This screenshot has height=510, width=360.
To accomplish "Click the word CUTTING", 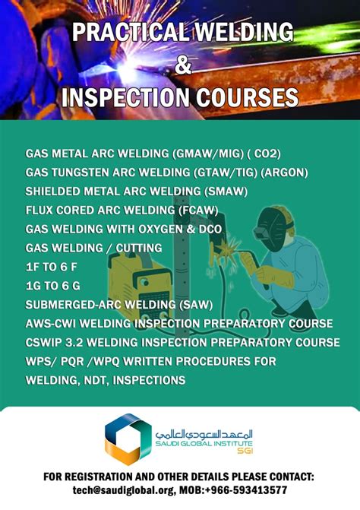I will [x=137, y=248].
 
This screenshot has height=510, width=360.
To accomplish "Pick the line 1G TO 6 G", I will [x=56, y=286].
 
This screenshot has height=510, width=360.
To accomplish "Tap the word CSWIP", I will [x=44, y=343].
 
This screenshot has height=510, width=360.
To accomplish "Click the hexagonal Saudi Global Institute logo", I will [x=128, y=439].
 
